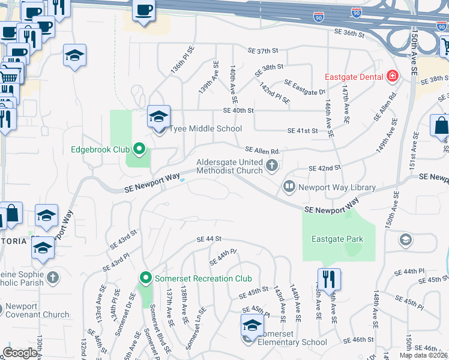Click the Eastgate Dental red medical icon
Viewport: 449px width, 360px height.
click(393, 76)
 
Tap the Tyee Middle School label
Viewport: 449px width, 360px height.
click(205, 128)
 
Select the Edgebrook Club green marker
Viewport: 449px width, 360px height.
click(139, 149)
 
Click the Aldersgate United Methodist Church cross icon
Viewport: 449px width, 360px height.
click(272, 166)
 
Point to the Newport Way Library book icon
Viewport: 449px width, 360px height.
click(289, 187)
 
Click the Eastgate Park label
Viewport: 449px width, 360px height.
click(337, 239)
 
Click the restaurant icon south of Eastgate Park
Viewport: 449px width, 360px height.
click(329, 279)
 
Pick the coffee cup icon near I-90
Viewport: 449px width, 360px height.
click(144, 10)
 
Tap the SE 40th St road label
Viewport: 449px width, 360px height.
click(238, 110)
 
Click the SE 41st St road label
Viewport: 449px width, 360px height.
click(302, 130)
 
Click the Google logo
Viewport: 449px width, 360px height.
click(20, 353)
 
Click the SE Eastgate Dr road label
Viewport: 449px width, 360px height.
click(304, 88)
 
